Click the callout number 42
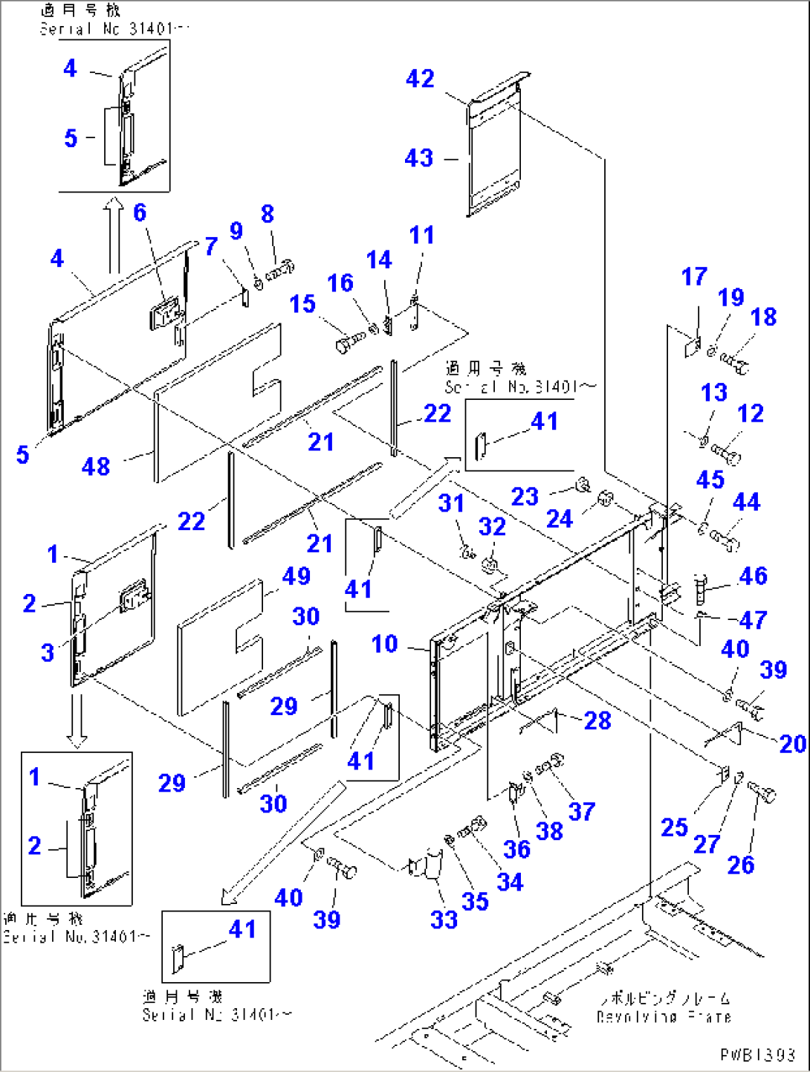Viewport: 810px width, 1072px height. [420, 79]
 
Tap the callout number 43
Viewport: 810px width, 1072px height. [418, 158]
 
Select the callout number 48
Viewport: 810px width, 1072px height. [96, 467]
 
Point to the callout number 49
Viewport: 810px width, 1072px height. [296, 575]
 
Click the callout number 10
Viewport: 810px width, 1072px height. [384, 644]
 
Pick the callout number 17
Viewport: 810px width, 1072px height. [694, 277]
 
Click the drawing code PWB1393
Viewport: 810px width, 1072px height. [757, 1055]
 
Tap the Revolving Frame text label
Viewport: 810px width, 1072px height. [663, 1016]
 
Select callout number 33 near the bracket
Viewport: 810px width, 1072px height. [444, 920]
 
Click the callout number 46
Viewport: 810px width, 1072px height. [753, 575]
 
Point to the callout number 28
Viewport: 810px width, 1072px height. [597, 720]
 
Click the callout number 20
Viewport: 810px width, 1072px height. [792, 743]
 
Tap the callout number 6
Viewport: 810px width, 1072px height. [140, 213]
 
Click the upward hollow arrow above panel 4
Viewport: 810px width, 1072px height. [113, 234]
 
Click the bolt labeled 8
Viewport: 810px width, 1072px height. [279, 271]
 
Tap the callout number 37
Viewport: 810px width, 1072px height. [581, 811]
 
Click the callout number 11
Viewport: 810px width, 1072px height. [421, 236]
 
